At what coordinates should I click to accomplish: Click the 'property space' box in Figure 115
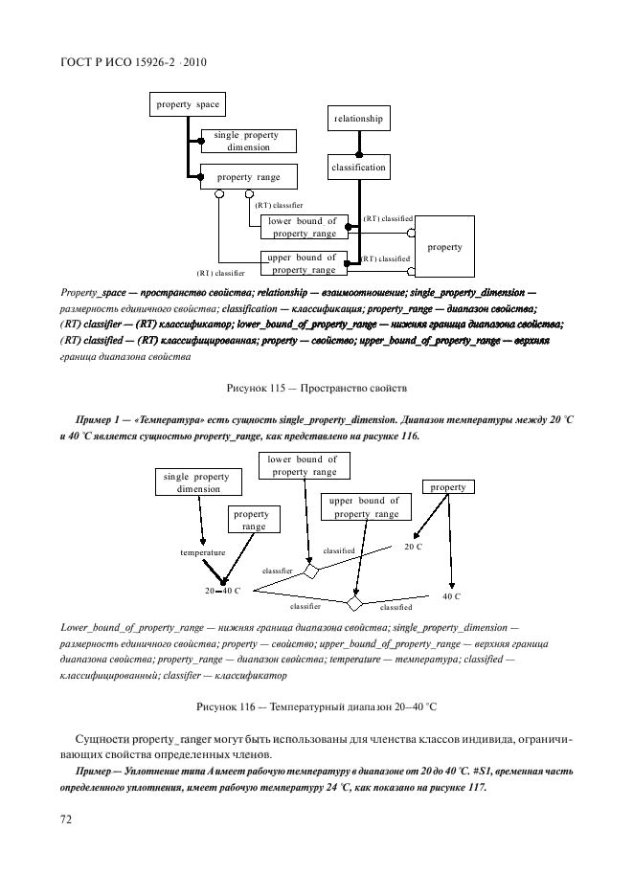187,104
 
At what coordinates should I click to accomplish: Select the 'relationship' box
359,119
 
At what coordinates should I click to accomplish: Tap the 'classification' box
359,168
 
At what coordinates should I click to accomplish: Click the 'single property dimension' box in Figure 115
248,142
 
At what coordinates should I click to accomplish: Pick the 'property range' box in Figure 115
247,177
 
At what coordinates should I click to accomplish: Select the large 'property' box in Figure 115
444,247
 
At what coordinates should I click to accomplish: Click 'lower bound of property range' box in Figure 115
302,227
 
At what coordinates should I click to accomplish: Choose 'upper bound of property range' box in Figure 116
363,507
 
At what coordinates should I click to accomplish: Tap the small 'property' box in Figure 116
447,487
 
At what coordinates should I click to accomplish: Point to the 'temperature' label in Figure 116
202,552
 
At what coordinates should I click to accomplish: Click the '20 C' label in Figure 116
413,546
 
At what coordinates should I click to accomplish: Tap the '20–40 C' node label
221,591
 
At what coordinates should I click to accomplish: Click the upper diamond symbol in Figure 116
310,571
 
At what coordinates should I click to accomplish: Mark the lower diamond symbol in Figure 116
354,604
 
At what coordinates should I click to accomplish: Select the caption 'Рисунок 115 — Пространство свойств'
316,389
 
